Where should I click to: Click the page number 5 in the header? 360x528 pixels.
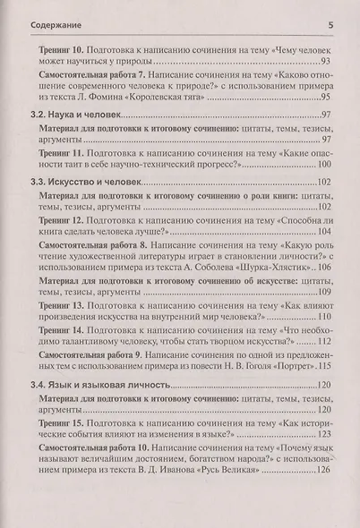click(x=331, y=10)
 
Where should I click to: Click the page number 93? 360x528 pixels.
click(x=326, y=60)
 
